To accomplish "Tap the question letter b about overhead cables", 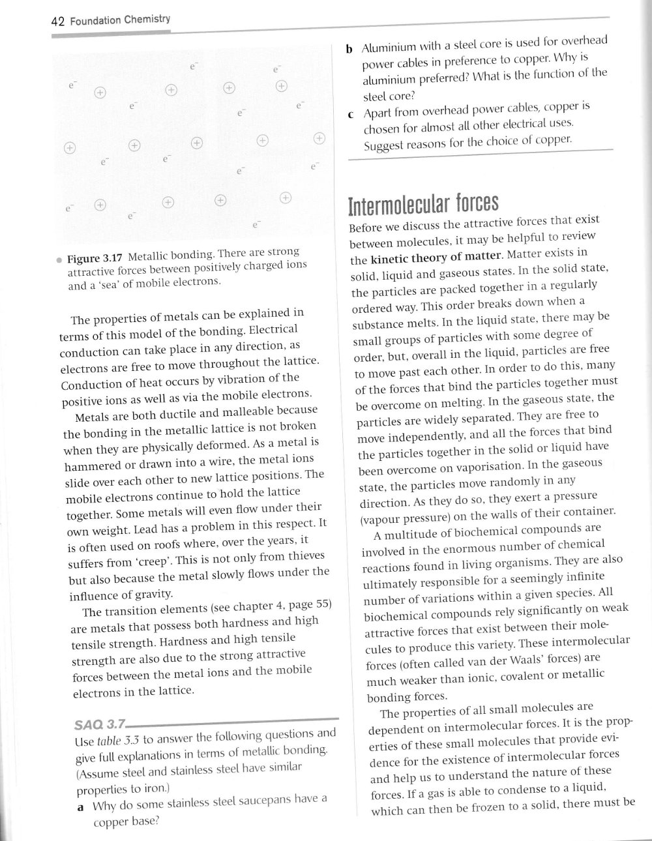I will tap(349, 49).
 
